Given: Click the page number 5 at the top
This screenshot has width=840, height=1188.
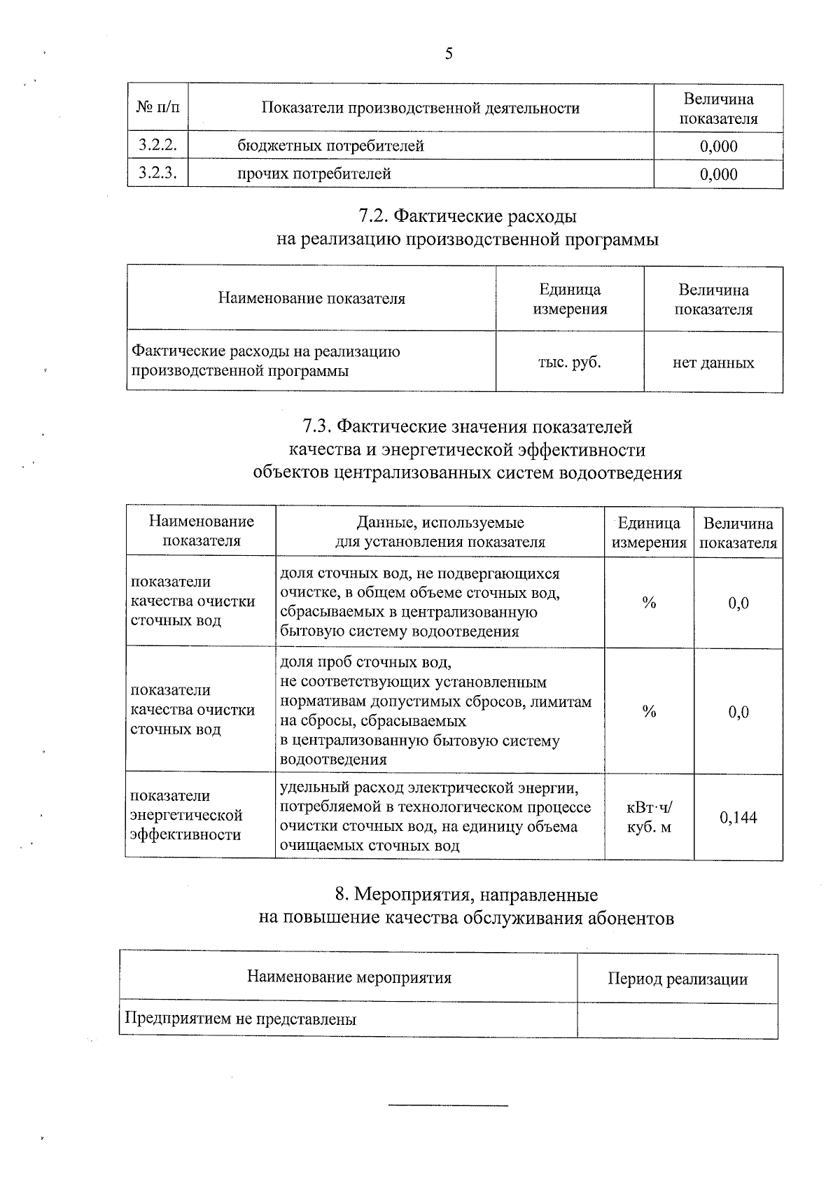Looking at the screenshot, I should tap(449, 54).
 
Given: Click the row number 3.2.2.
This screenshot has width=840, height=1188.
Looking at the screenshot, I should tap(157, 145).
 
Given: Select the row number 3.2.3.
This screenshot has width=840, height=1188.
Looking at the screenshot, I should tap(157, 173).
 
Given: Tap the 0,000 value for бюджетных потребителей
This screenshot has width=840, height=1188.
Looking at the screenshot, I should tap(718, 146).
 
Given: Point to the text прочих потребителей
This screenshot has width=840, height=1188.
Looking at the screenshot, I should tap(314, 174).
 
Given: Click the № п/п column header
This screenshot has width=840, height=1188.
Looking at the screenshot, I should tap(157, 108).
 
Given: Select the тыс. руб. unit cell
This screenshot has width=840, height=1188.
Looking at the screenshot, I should tap(569, 362).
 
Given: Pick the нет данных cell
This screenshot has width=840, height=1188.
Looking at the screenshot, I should tap(713, 363).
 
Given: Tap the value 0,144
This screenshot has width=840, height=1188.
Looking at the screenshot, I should tap(738, 817).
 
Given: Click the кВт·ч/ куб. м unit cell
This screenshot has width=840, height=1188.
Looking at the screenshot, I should tap(649, 817).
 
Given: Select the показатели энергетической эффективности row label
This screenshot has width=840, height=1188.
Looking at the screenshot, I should tap(187, 815).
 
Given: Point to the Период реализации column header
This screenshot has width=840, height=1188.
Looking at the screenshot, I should tap(677, 979).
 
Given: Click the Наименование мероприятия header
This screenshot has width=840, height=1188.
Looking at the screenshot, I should tap(349, 977).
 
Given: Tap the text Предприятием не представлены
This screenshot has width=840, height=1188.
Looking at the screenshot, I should tap(240, 1019).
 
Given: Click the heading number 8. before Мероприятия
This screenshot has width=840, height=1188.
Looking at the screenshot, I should tap(342, 894).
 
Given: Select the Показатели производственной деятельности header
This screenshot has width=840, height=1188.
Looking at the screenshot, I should tap(420, 108).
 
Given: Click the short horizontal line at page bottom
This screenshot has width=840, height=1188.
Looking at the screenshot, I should tap(448, 1105).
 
